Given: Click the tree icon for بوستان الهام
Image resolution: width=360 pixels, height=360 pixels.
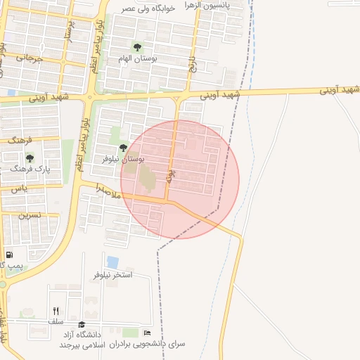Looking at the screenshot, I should [137, 49].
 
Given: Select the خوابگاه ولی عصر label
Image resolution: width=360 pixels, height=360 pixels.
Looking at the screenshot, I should [147, 8].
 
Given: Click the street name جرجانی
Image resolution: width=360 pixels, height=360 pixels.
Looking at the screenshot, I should [30, 59].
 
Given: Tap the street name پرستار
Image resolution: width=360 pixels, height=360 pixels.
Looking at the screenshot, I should [68, 42].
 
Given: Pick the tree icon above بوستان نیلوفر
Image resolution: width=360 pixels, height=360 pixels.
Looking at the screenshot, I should [124, 148].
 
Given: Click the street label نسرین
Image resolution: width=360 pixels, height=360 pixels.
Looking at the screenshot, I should [30, 215].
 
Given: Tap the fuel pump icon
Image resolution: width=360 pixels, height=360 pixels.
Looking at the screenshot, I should [9, 255].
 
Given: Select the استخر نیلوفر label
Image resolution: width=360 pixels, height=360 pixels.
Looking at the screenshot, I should [113, 274].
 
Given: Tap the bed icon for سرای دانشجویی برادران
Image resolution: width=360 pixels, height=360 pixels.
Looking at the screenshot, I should [147, 333].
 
